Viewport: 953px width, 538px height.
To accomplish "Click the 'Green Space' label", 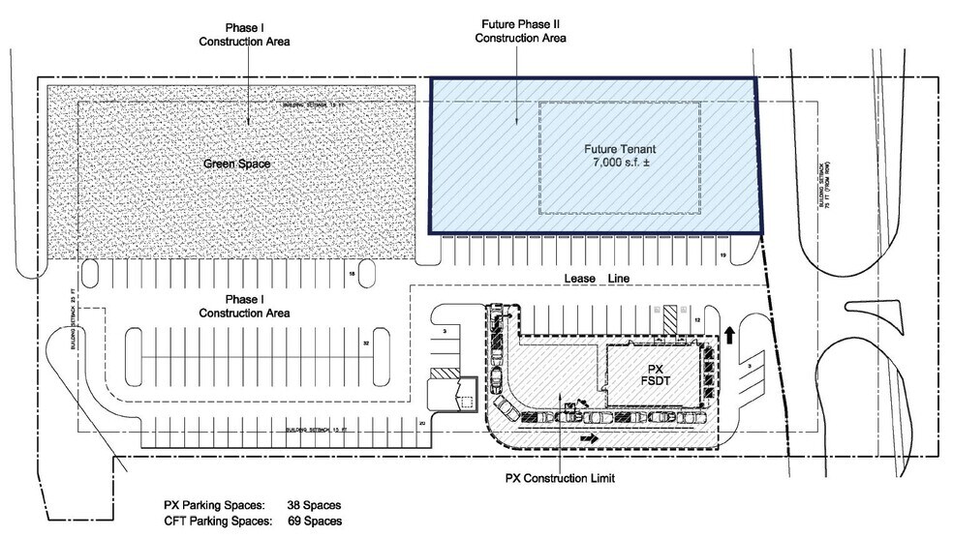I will click(x=236, y=164).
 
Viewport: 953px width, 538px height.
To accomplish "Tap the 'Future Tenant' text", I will click(x=620, y=150).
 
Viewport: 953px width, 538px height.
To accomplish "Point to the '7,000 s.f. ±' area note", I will click(x=620, y=164).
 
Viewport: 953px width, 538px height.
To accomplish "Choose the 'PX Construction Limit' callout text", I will click(x=561, y=478).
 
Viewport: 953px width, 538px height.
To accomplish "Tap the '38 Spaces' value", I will click(x=315, y=505).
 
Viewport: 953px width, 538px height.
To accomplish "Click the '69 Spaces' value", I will click(x=315, y=521).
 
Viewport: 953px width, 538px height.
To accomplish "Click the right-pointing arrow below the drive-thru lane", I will click(x=587, y=437).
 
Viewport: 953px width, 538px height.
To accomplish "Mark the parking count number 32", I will click(x=366, y=344).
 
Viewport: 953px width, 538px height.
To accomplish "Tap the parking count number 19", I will click(x=722, y=254).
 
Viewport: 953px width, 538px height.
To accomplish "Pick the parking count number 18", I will click(x=352, y=276).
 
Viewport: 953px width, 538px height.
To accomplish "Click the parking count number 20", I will click(x=421, y=423).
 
